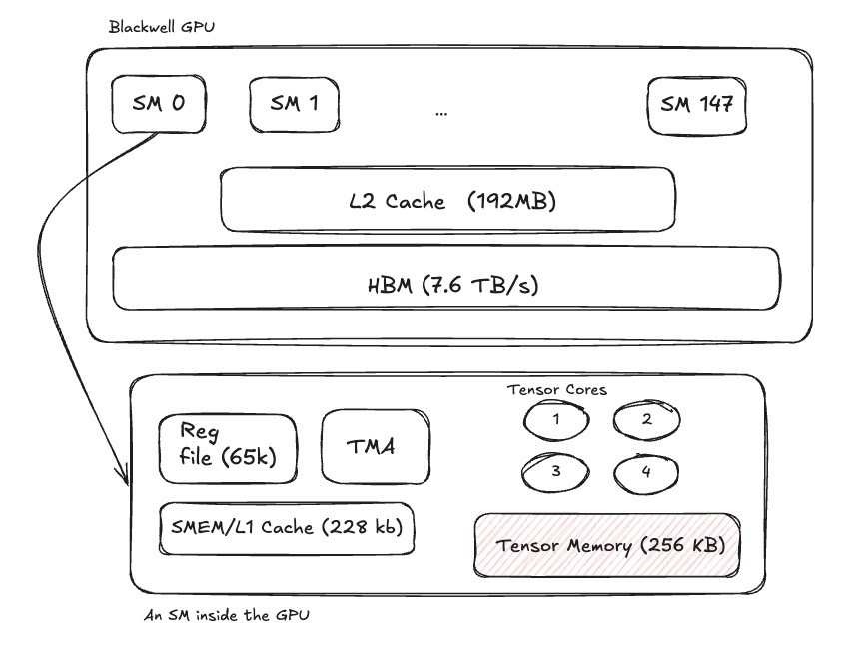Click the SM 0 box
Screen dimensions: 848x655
point(159,104)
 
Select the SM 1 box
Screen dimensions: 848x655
point(295,104)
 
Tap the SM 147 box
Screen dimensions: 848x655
point(696,106)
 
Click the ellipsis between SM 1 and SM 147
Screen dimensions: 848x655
point(441,114)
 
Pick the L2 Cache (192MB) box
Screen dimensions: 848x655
point(447,200)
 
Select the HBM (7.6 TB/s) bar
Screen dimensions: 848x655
point(446,279)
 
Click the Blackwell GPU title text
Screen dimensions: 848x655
point(162,27)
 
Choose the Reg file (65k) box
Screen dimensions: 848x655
point(228,448)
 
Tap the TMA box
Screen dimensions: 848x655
point(376,446)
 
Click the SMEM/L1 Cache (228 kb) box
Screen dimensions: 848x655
point(287,528)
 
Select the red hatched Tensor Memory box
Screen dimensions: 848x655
point(607,545)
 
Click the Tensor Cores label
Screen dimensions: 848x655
point(557,390)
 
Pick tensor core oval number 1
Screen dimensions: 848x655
point(556,420)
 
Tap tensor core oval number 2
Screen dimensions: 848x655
point(646,420)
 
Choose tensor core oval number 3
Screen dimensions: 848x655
point(555,472)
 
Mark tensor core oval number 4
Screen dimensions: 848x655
point(645,474)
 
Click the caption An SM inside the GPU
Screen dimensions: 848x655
point(227,615)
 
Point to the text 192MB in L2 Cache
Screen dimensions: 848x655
point(511,201)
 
